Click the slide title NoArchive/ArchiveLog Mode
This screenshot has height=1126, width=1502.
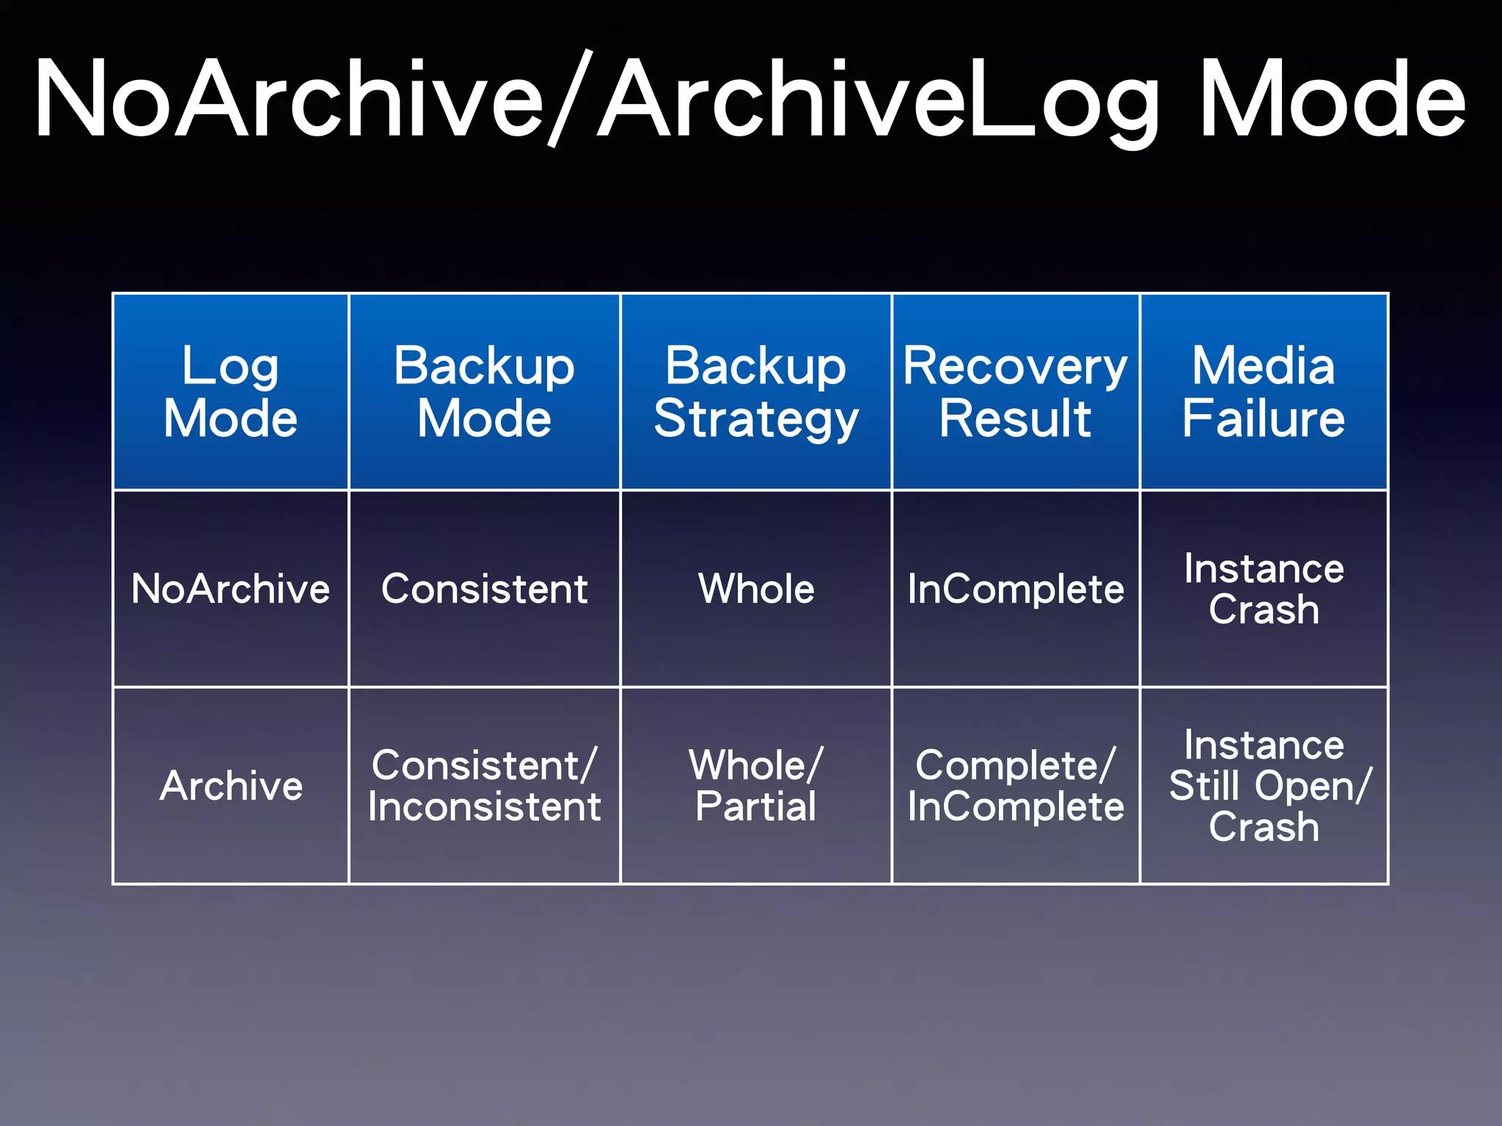pyautogui.click(x=750, y=99)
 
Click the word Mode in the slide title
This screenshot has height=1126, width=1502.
pyautogui.click(x=1331, y=99)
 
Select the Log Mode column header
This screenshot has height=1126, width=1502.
pyautogui.click(x=230, y=391)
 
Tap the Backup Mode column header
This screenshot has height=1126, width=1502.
pyautogui.click(x=484, y=391)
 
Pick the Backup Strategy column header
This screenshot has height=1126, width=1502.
pyautogui.click(x=755, y=391)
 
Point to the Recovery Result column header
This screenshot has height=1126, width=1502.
pyautogui.click(x=1015, y=391)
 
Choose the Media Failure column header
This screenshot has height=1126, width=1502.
pyautogui.click(x=1263, y=391)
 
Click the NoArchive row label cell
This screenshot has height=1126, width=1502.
pyautogui.click(x=230, y=589)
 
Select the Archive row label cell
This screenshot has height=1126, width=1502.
pyautogui.click(x=230, y=786)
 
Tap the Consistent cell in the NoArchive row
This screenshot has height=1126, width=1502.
pyautogui.click(x=484, y=589)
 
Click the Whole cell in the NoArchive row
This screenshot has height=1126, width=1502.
pyautogui.click(x=755, y=589)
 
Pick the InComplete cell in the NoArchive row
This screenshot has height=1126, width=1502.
pyautogui.click(x=1015, y=589)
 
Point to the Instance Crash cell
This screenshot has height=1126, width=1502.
pyautogui.click(x=1263, y=589)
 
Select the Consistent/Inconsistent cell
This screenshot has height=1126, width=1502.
pyautogui.click(x=484, y=786)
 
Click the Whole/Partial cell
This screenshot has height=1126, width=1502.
pyautogui.click(x=755, y=786)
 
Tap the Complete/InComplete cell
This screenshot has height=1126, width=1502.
pyautogui.click(x=1015, y=786)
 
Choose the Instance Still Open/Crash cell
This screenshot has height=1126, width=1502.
pyautogui.click(x=1263, y=786)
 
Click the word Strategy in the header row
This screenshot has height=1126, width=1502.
pyautogui.click(x=755, y=419)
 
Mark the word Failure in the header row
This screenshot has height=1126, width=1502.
pyautogui.click(x=1263, y=419)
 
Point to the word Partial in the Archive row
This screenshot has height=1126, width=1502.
pyautogui.click(x=755, y=806)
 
